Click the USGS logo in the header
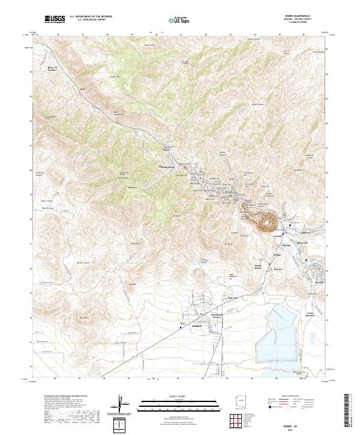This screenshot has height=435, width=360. (x=54, y=19)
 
